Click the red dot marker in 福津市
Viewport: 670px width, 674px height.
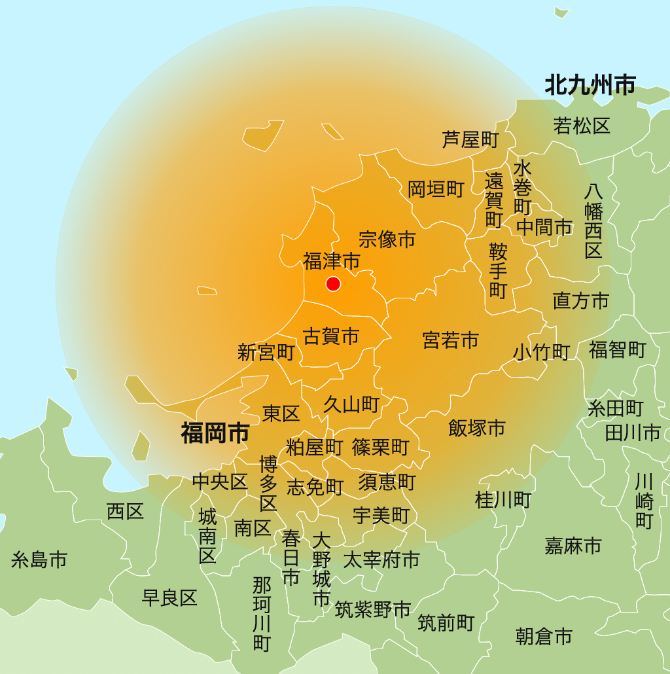coord(333,283)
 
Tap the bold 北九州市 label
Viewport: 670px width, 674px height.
coord(590,85)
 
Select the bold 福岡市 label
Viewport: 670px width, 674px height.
coord(215,433)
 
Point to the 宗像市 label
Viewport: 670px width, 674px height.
coord(387,239)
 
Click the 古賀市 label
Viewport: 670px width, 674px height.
coord(331,336)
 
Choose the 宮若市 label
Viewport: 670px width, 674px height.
coord(450,340)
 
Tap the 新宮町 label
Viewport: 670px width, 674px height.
coord(266,353)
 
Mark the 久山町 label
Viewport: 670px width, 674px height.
coord(351,404)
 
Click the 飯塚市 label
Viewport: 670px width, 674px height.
coord(477,428)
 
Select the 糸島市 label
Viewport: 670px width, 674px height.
coord(39,559)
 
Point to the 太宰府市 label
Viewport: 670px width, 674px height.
coord(381,559)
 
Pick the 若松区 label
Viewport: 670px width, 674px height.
coord(582,126)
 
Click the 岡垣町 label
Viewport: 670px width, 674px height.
coord(436,189)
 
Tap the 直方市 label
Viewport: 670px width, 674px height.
coord(581,300)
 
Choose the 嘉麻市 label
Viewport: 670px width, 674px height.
coord(573,545)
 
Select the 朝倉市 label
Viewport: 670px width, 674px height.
coord(544,636)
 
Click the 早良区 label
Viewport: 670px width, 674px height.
coord(169,597)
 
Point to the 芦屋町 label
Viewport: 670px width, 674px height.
coord(470,139)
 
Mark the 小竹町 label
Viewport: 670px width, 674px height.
coord(541,351)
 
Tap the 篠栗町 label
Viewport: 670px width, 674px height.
coord(380,447)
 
